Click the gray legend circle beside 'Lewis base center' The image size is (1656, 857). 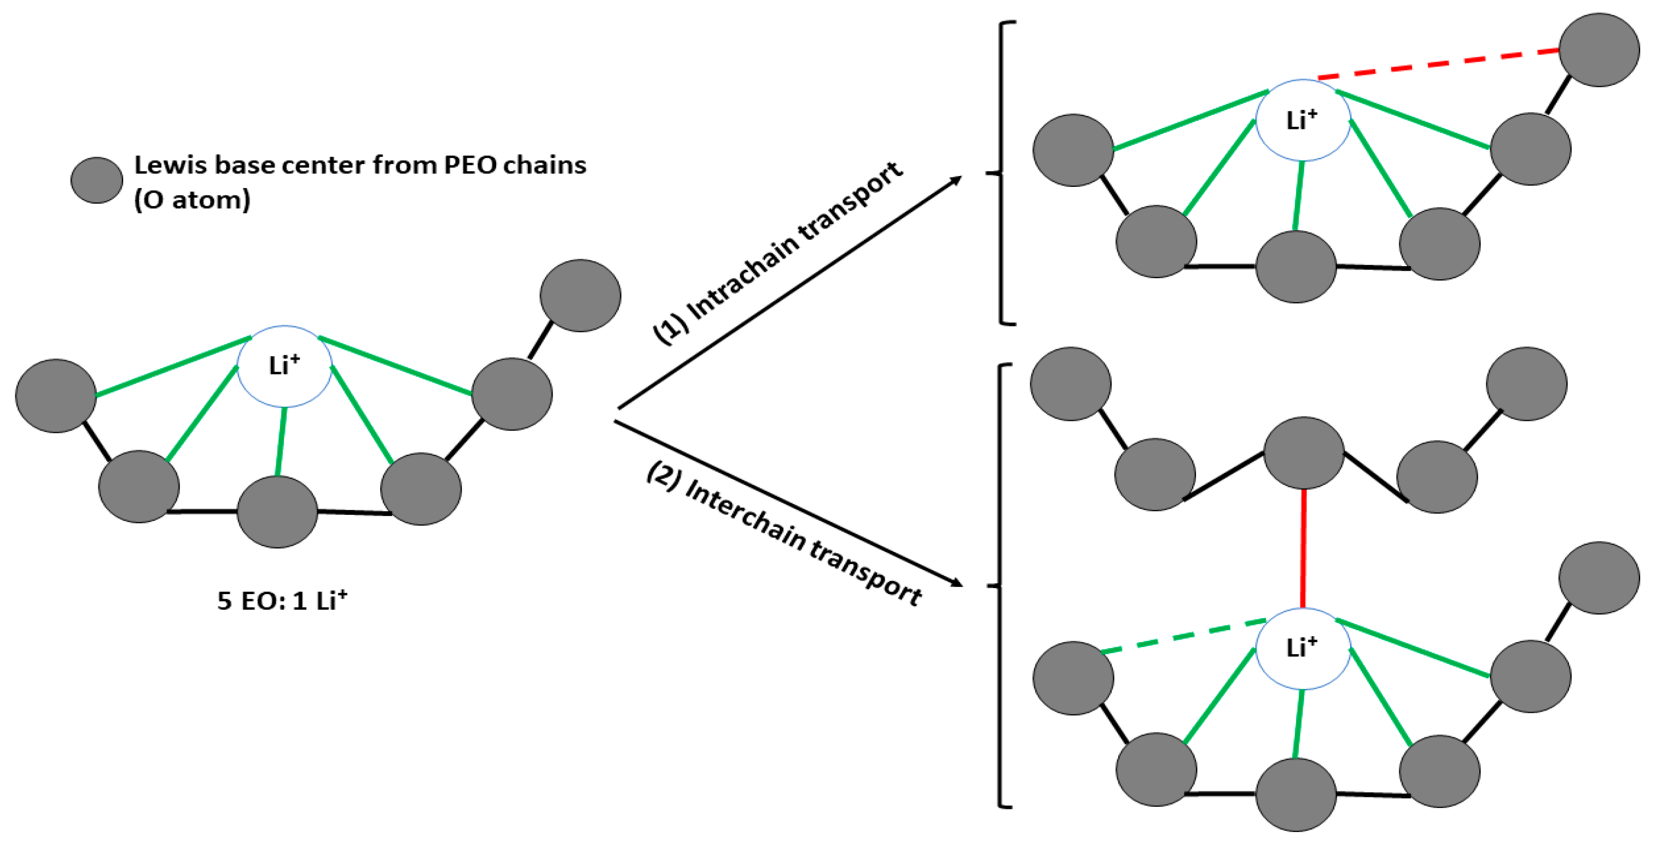pyautogui.click(x=96, y=180)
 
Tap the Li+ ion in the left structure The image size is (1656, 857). pyautogui.click(x=284, y=366)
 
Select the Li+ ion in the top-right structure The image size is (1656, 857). pyautogui.click(x=1303, y=120)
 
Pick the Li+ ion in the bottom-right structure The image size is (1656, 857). pyautogui.click(x=1303, y=648)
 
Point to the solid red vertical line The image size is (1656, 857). pyautogui.click(x=1303, y=549)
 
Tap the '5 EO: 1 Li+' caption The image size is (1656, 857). pyautogui.click(x=282, y=601)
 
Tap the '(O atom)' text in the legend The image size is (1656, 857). pyautogui.click(x=192, y=200)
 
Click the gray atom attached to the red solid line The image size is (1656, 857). pyautogui.click(x=1303, y=453)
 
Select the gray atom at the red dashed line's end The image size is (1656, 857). pyautogui.click(x=1599, y=50)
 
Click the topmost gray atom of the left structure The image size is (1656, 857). pyautogui.click(x=580, y=296)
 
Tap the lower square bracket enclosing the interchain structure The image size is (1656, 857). pyautogui.click(x=1000, y=585)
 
